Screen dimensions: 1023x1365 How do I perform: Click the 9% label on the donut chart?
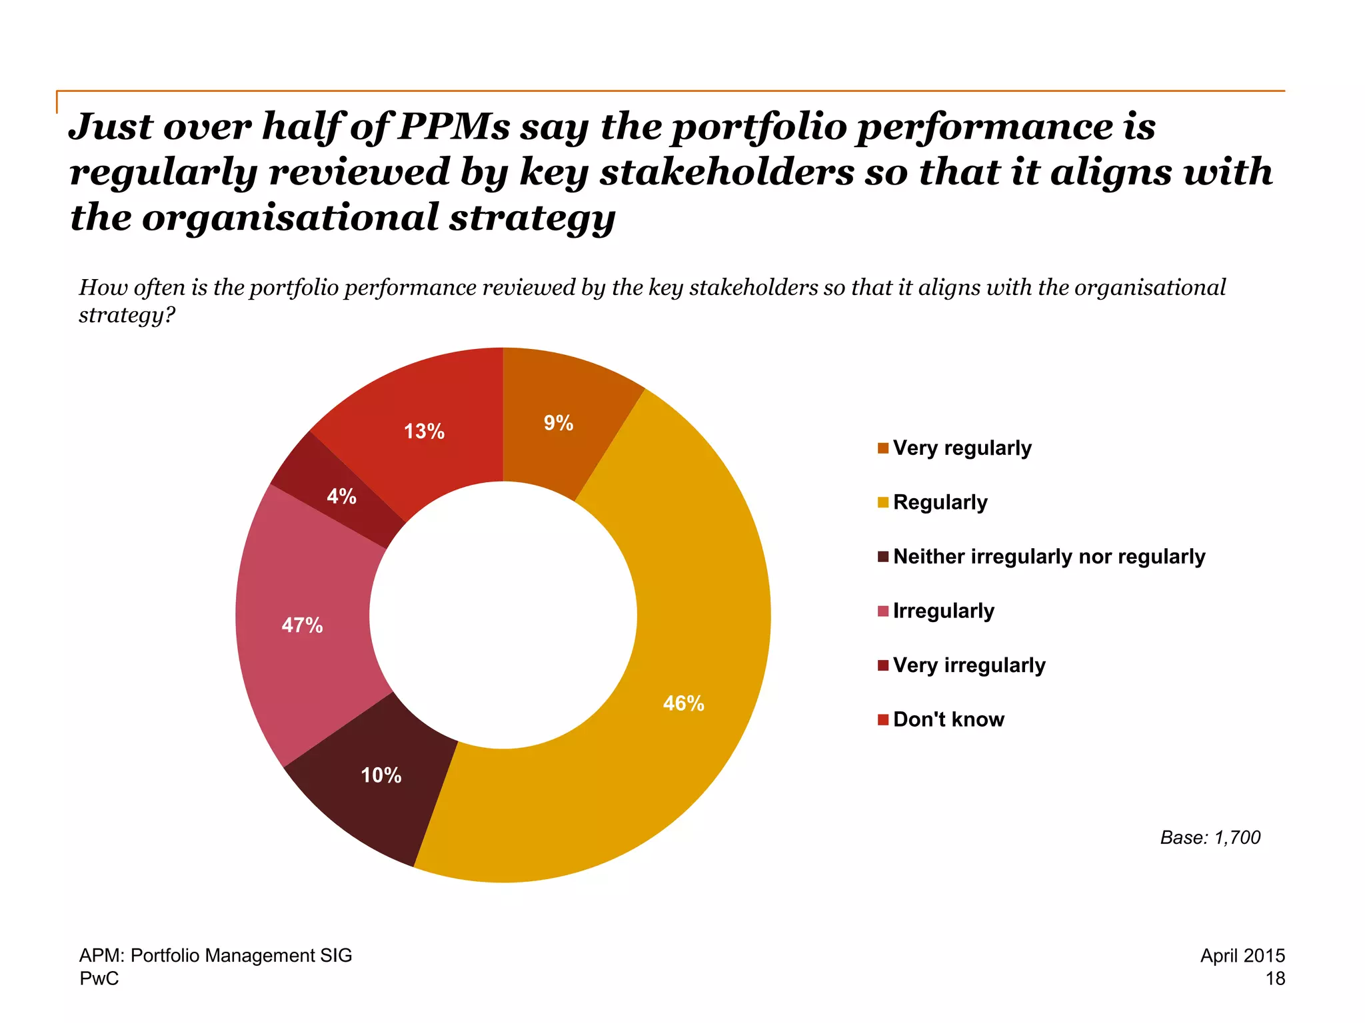coord(559,423)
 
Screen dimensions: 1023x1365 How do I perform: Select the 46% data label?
coord(683,703)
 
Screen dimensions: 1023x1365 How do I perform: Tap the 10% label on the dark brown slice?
coord(381,775)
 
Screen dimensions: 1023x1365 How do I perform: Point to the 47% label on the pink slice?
coord(302,625)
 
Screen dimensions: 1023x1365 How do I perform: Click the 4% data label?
coord(341,496)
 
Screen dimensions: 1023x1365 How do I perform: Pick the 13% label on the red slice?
coord(424,432)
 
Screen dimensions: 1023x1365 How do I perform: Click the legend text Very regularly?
coord(962,448)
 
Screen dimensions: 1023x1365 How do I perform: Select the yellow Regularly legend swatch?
coord(883,502)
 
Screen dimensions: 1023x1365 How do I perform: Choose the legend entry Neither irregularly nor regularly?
coord(1048,557)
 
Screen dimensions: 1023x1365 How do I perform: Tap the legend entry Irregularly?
coord(943,611)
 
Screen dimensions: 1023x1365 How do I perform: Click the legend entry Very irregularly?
coord(968,665)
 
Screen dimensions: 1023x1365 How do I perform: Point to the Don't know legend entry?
coord(948,719)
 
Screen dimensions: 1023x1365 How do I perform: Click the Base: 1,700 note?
coord(1210,837)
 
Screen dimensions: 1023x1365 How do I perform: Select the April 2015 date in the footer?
coord(1242,956)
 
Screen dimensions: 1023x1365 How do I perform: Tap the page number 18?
coord(1274,978)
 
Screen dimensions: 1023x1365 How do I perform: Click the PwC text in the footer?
coord(99,978)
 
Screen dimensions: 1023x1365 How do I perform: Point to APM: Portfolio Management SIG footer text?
coord(215,956)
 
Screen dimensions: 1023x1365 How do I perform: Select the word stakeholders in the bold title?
coord(726,172)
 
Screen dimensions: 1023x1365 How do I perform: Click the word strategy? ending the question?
coord(127,314)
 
